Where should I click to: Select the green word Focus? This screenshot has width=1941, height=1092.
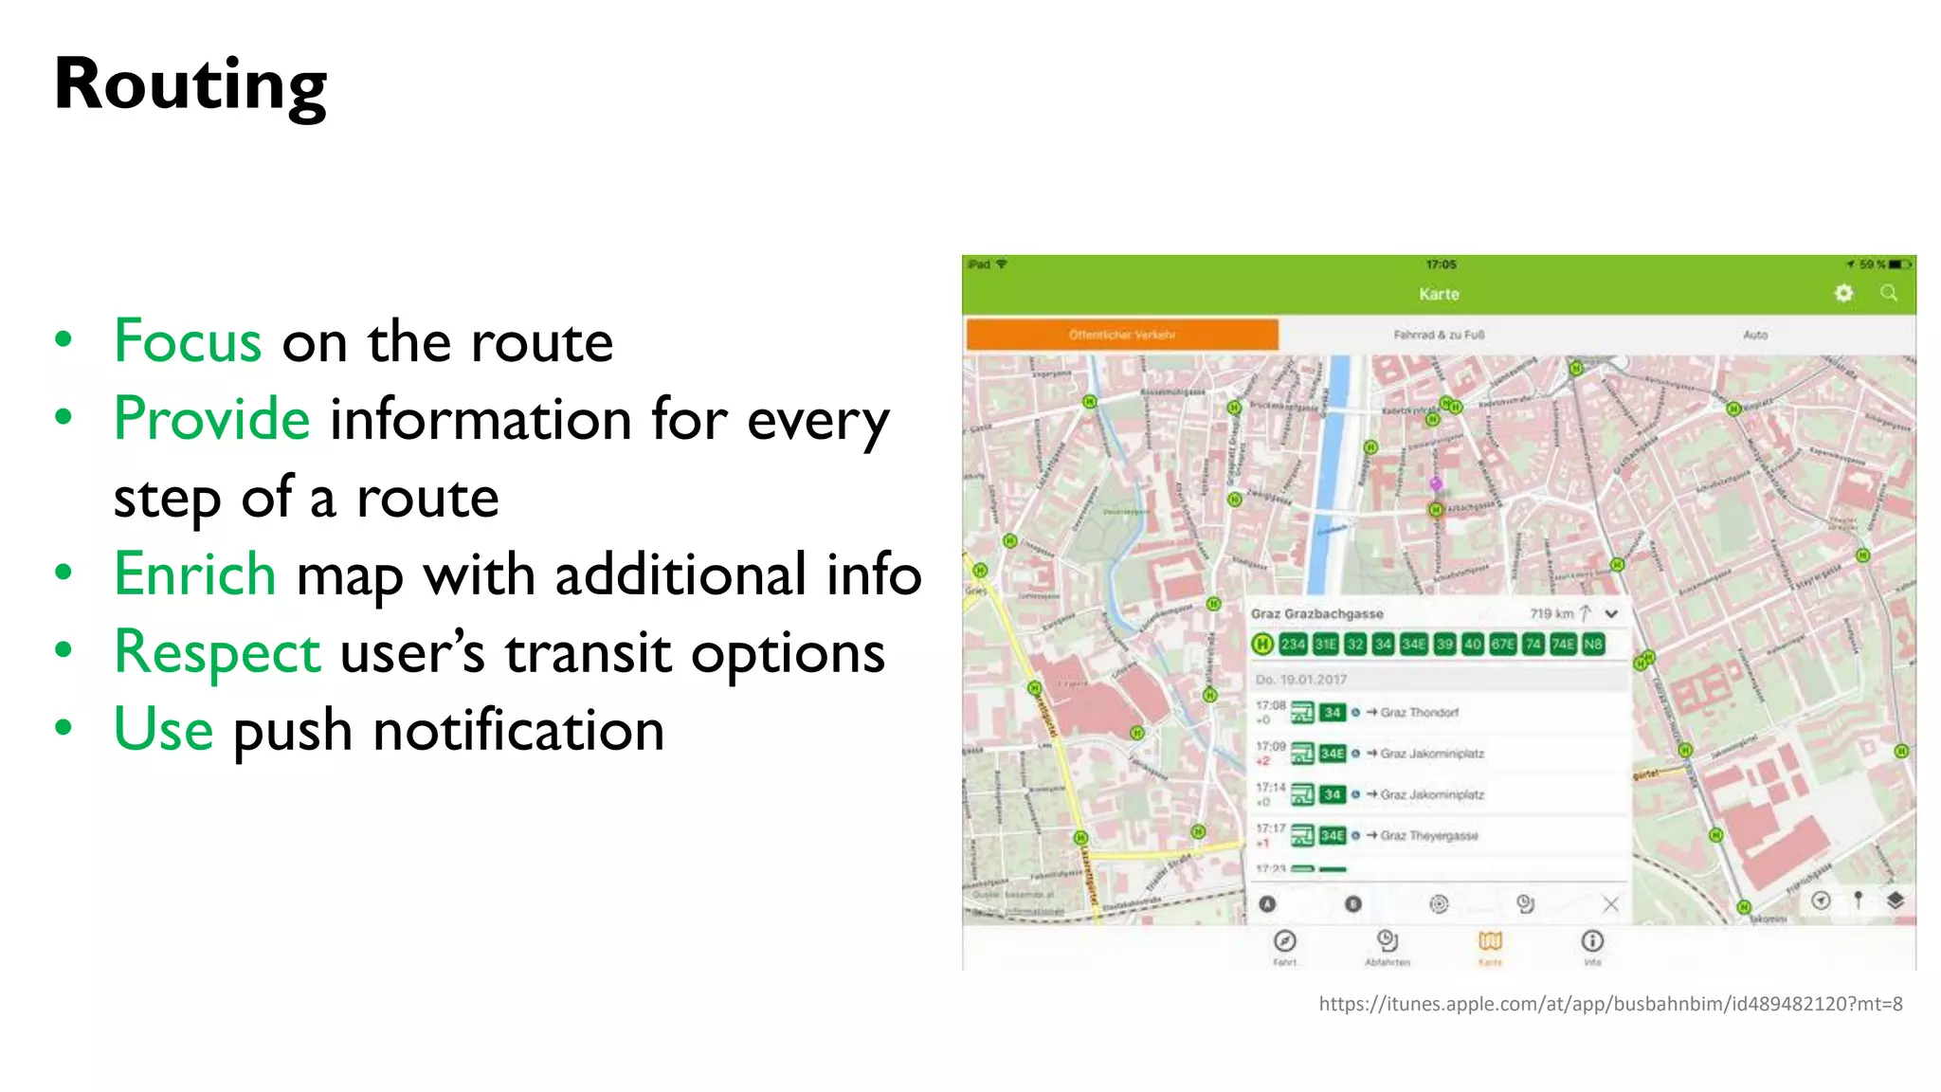(188, 341)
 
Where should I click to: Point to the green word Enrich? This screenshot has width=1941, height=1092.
(194, 574)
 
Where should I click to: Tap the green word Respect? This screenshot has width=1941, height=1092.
(217, 652)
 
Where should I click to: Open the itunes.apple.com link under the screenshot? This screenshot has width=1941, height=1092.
(1610, 1004)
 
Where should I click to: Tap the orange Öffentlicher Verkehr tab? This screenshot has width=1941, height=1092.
(1122, 335)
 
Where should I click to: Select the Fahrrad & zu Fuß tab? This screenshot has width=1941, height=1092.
(1439, 335)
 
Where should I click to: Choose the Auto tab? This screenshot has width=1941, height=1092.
(1755, 335)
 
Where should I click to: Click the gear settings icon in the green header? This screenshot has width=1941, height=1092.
(1843, 294)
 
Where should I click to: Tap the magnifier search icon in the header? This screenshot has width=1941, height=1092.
(1889, 294)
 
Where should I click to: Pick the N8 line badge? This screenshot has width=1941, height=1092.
(1593, 645)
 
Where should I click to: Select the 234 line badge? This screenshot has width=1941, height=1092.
(1293, 645)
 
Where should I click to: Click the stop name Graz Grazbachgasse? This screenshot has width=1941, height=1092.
(1316, 614)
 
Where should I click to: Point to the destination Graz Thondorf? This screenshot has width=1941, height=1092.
(1419, 713)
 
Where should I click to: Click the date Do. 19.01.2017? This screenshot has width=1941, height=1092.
(1300, 680)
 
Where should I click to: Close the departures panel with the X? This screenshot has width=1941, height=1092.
(1610, 904)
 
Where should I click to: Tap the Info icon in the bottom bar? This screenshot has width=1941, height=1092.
(1592, 942)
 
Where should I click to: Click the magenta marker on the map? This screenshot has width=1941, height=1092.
(1436, 484)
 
